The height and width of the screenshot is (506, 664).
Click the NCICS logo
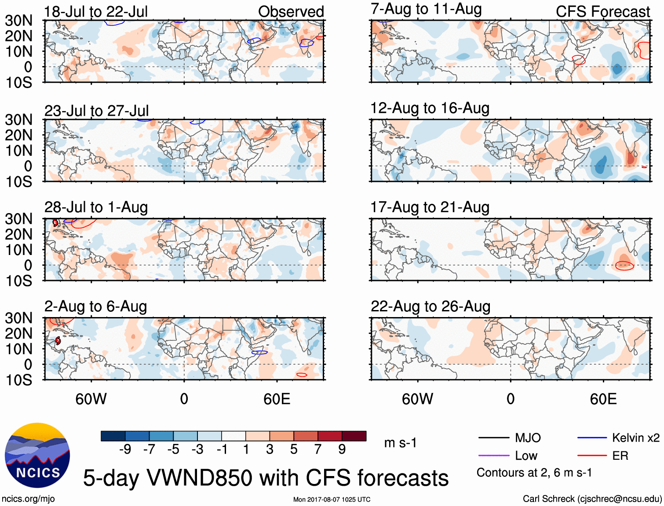tap(37, 455)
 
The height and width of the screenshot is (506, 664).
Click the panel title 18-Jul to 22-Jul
tap(96, 11)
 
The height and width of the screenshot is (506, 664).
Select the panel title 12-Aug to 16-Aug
tap(430, 108)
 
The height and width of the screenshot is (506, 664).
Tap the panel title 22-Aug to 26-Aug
tap(430, 306)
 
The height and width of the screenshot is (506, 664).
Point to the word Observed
tap(291, 11)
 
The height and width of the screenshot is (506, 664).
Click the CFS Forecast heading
tap(602, 11)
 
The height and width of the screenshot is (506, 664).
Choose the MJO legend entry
tap(527, 438)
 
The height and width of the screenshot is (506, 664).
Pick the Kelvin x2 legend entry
tap(635, 438)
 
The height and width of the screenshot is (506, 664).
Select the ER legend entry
tap(620, 456)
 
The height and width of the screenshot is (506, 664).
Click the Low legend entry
tap(526, 456)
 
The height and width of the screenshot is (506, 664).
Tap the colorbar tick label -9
tap(125, 449)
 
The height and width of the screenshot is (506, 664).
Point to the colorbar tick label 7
tap(318, 449)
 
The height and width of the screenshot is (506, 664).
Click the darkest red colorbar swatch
tap(354, 436)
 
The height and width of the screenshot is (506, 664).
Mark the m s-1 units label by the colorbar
tap(400, 443)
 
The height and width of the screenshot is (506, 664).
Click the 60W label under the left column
tap(91, 399)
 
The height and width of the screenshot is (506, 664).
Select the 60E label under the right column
tap(603, 399)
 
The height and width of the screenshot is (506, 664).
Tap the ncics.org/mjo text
tap(28, 499)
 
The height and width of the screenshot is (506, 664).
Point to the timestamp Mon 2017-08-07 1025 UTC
tap(332, 499)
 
